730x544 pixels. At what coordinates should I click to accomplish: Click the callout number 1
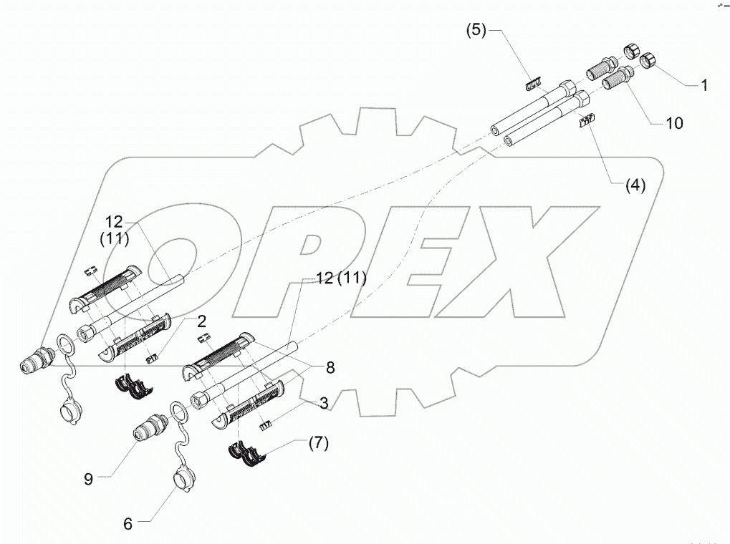pos(704,85)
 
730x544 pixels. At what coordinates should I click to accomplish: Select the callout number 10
pos(674,123)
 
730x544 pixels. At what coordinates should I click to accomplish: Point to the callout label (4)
pos(635,185)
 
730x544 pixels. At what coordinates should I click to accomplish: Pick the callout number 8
pos(330,368)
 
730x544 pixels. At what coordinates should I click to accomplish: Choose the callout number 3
pos(324,403)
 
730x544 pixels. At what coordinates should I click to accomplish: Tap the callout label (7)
pos(318,443)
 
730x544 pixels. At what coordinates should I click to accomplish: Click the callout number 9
pos(88,479)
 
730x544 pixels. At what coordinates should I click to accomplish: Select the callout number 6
pos(128,524)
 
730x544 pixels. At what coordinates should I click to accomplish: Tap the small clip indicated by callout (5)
pos(530,84)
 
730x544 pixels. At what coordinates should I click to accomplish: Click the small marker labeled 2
pos(153,359)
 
